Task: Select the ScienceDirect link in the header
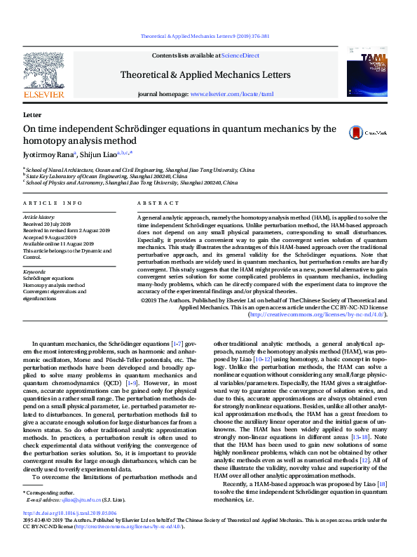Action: [241, 55]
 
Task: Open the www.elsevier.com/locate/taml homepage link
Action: [231, 93]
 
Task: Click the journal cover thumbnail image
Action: [367, 74]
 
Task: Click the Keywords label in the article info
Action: [34, 271]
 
